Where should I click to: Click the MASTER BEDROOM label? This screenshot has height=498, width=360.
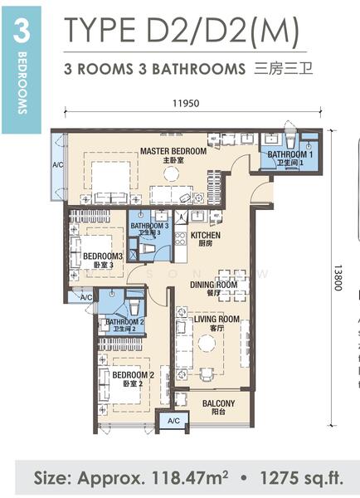tap(173, 151)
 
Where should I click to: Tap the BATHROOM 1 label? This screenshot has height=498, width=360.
tap(290, 154)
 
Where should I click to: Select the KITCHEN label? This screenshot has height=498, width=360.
tap(206, 236)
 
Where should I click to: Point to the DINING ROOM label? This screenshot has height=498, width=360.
tap(214, 285)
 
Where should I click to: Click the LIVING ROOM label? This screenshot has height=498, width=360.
tap(216, 319)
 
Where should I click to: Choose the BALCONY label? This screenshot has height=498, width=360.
tap(219, 403)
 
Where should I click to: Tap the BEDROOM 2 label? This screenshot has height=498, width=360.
tap(133, 375)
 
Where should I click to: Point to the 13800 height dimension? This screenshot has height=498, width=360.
tap(338, 278)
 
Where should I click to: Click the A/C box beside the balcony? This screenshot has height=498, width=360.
tap(173, 421)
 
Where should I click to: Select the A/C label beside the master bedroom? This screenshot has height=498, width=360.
tap(58, 165)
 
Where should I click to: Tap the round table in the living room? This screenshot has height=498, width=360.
tap(207, 343)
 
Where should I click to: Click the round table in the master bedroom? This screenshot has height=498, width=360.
tap(172, 173)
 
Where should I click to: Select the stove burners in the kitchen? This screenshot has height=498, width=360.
tap(180, 238)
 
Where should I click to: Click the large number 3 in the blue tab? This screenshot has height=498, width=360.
tap(22, 32)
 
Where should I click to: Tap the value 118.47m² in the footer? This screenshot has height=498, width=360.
tap(190, 478)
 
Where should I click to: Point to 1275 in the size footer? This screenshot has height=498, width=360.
tap(278, 478)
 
